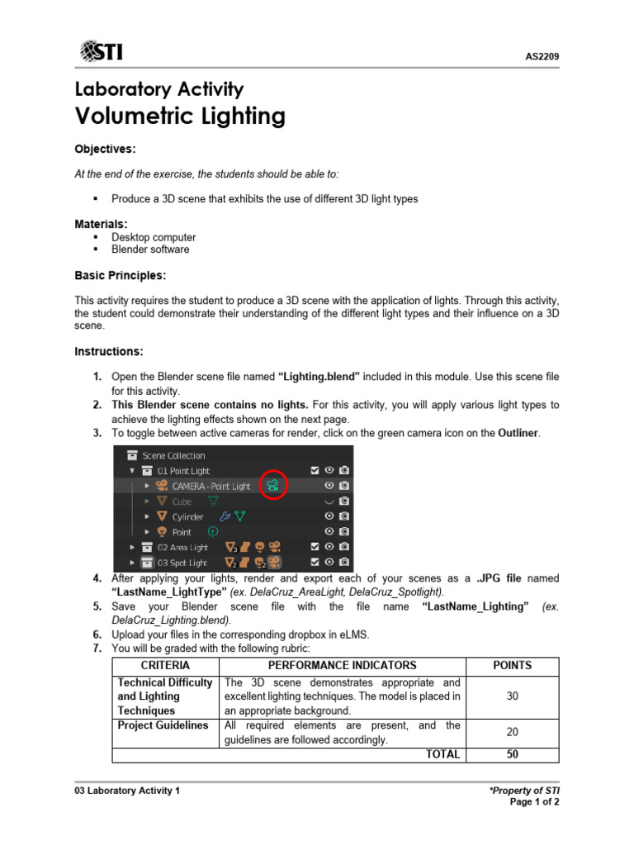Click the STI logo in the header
(102, 53)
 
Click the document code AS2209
(542, 57)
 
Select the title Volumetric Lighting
(180, 116)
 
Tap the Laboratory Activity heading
(158, 89)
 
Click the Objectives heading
(105, 150)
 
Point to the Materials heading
(101, 224)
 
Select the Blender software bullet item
(149, 250)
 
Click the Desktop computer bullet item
(153, 237)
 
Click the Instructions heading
(109, 352)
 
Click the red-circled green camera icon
(273, 486)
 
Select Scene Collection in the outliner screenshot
(173, 455)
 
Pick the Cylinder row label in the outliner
(187, 516)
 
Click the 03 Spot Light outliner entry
(177, 563)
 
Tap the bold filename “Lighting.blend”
(319, 376)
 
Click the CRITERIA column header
(165, 666)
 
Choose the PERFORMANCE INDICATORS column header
(343, 666)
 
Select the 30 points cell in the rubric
(512, 696)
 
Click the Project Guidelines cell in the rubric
(163, 725)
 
